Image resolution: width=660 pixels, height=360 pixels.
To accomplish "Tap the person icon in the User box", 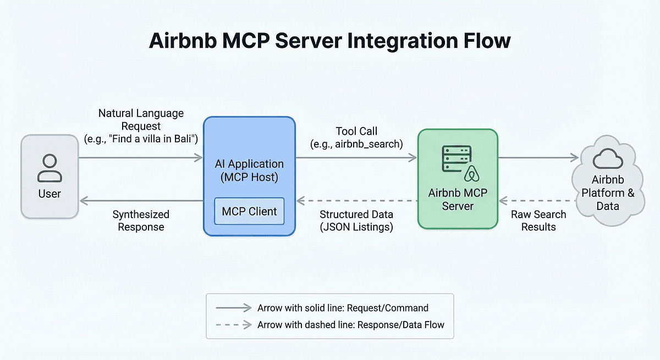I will (50, 168).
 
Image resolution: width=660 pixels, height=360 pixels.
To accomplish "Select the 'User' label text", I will (50, 193).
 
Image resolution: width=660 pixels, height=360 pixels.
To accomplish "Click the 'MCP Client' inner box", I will (249, 212).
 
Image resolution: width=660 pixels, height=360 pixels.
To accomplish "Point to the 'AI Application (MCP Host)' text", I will (249, 170).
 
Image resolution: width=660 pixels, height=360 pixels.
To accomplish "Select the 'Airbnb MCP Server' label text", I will (458, 200).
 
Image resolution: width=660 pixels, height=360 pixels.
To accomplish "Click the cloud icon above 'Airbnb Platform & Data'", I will (608, 160).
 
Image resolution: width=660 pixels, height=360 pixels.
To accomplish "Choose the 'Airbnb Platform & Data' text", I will (608, 193).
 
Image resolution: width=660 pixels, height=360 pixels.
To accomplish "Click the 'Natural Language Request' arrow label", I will (141, 126).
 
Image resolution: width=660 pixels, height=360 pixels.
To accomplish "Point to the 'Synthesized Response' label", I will (141, 220).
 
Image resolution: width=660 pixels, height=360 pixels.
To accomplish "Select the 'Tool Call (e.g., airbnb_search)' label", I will (356, 137).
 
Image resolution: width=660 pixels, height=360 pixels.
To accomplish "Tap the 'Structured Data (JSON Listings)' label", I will (356, 220).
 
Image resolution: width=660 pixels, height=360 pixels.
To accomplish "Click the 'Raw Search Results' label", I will (538, 220).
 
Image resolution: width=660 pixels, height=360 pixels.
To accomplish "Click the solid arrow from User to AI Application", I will (141, 158).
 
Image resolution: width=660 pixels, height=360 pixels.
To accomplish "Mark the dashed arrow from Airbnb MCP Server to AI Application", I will (356, 201).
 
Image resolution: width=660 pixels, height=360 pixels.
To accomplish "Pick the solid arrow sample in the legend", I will (232, 308).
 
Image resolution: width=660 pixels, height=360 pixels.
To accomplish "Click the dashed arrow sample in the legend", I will (232, 325).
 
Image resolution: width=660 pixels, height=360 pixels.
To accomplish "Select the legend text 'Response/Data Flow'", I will (400, 325).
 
